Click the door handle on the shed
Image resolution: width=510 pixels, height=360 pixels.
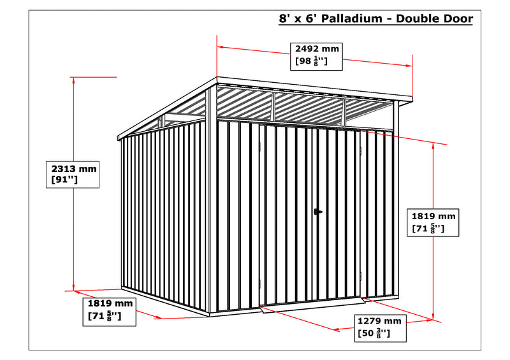(317, 212)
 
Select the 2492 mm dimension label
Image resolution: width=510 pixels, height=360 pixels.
(317, 49)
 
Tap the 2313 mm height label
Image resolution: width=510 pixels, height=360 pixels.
(74, 169)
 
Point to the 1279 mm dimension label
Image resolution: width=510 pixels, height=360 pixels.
(379, 321)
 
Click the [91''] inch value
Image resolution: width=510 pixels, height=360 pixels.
(65, 179)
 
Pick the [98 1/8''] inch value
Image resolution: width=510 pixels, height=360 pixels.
(311, 61)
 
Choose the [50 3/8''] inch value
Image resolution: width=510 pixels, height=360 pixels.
(374, 333)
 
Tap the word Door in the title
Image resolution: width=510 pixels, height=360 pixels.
(456, 18)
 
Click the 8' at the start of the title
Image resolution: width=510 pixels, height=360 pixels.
(284, 18)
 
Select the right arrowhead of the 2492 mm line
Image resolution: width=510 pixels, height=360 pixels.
(409, 66)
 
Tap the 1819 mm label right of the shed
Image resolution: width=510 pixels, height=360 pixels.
(433, 216)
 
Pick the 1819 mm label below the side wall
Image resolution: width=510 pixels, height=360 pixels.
(110, 303)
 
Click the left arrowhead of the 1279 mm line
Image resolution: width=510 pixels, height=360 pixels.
(337, 329)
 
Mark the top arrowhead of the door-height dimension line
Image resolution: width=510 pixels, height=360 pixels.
(433, 147)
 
